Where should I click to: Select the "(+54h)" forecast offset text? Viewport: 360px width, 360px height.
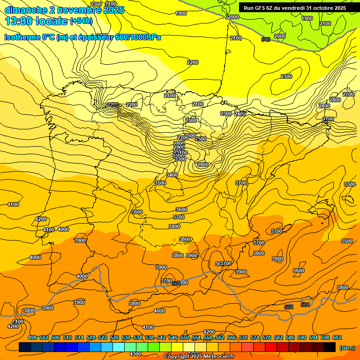pos(81,21)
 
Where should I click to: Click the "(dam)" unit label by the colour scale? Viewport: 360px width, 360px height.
pos(347,348)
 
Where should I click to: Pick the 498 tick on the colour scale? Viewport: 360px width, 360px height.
pos(32,338)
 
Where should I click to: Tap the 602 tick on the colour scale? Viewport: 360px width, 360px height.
pos(337,338)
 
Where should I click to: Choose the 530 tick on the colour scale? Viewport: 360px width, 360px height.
pos(126,338)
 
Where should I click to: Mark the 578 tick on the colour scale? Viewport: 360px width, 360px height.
pos(267,338)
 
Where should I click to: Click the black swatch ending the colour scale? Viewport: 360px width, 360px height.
pos(330,347)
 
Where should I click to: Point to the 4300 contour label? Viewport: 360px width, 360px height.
pos(135,354)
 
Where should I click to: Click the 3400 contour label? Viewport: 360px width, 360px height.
pos(172,175)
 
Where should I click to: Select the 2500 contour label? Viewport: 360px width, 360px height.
pos(201,139)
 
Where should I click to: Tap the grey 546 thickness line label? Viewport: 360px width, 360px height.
pos(266,39)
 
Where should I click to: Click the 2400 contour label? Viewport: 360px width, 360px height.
pos(240,114)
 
